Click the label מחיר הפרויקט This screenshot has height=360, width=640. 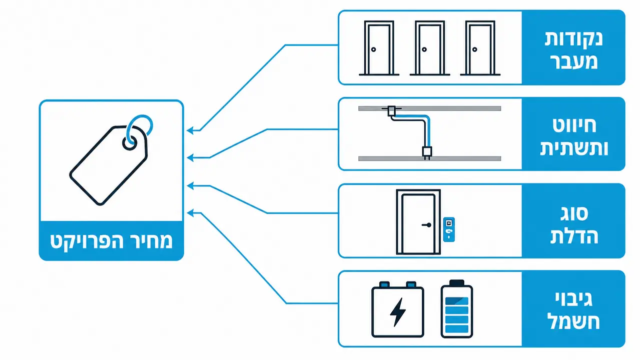point(112,241)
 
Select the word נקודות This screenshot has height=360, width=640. point(573,39)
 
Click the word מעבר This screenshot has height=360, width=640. point(573,61)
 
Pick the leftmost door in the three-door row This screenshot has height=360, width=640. point(379,48)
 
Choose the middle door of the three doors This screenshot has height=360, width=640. point(430,48)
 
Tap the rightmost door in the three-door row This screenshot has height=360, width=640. point(480,48)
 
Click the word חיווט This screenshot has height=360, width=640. point(574,125)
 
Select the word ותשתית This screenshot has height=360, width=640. point(574,148)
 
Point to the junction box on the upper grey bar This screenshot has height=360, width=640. point(391,110)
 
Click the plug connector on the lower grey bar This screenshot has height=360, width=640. point(427,152)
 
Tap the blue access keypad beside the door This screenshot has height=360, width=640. point(449,230)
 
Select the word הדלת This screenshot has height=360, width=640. point(574,236)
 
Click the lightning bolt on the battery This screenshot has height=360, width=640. point(398,312)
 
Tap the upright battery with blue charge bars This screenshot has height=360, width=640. point(456,309)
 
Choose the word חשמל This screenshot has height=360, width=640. point(573,322)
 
